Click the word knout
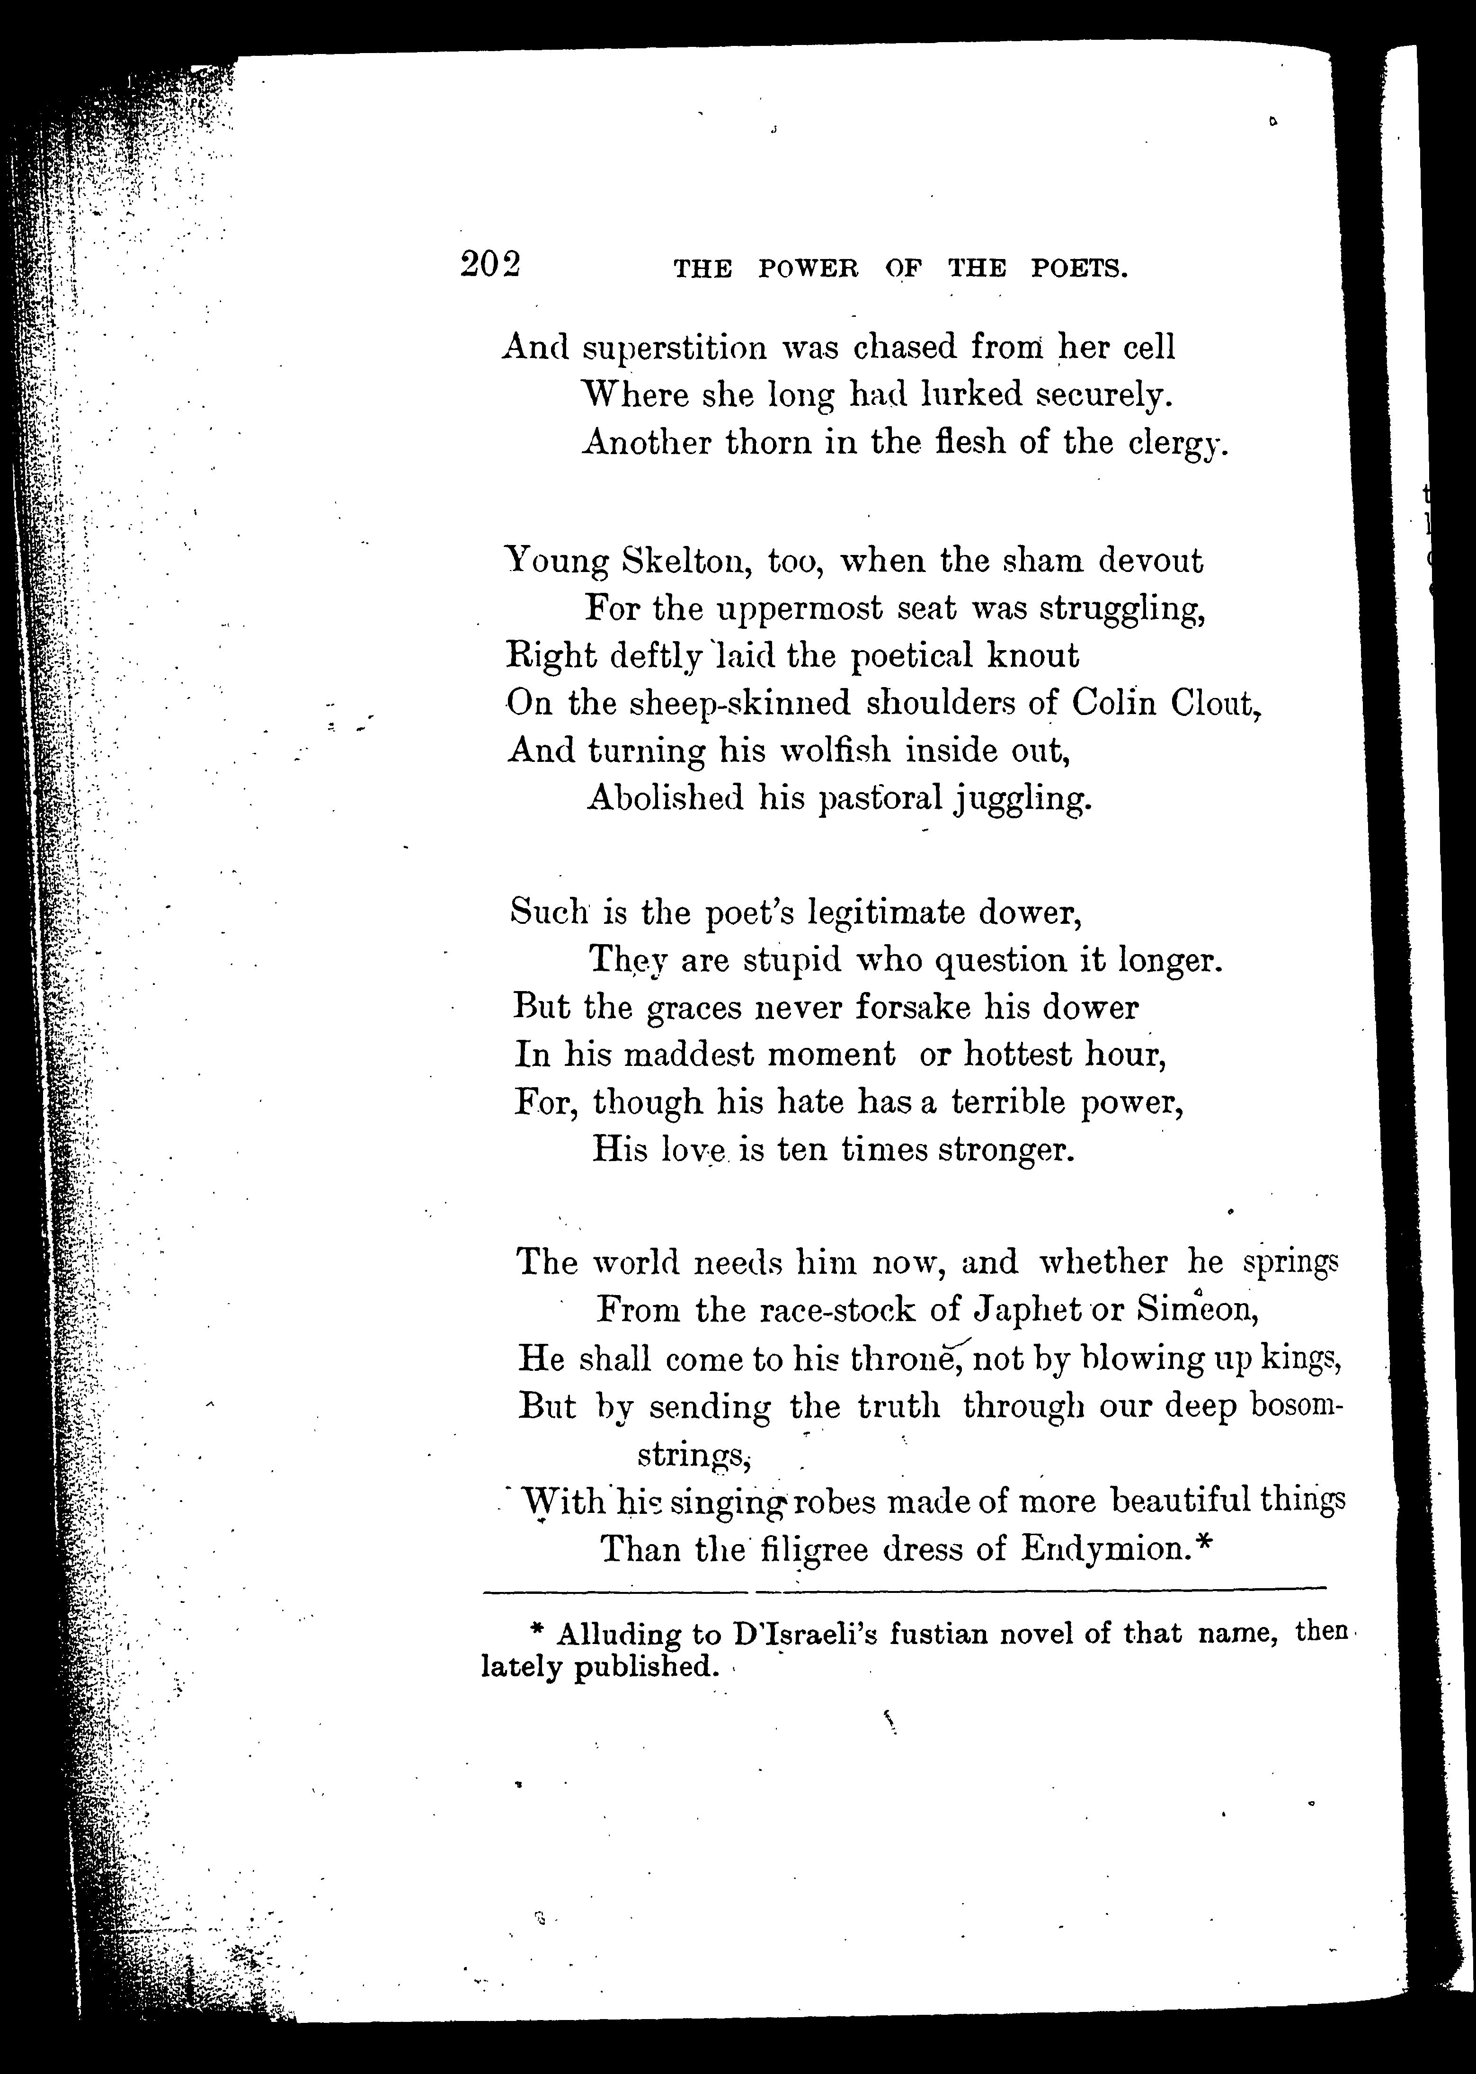(x=1035, y=655)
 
